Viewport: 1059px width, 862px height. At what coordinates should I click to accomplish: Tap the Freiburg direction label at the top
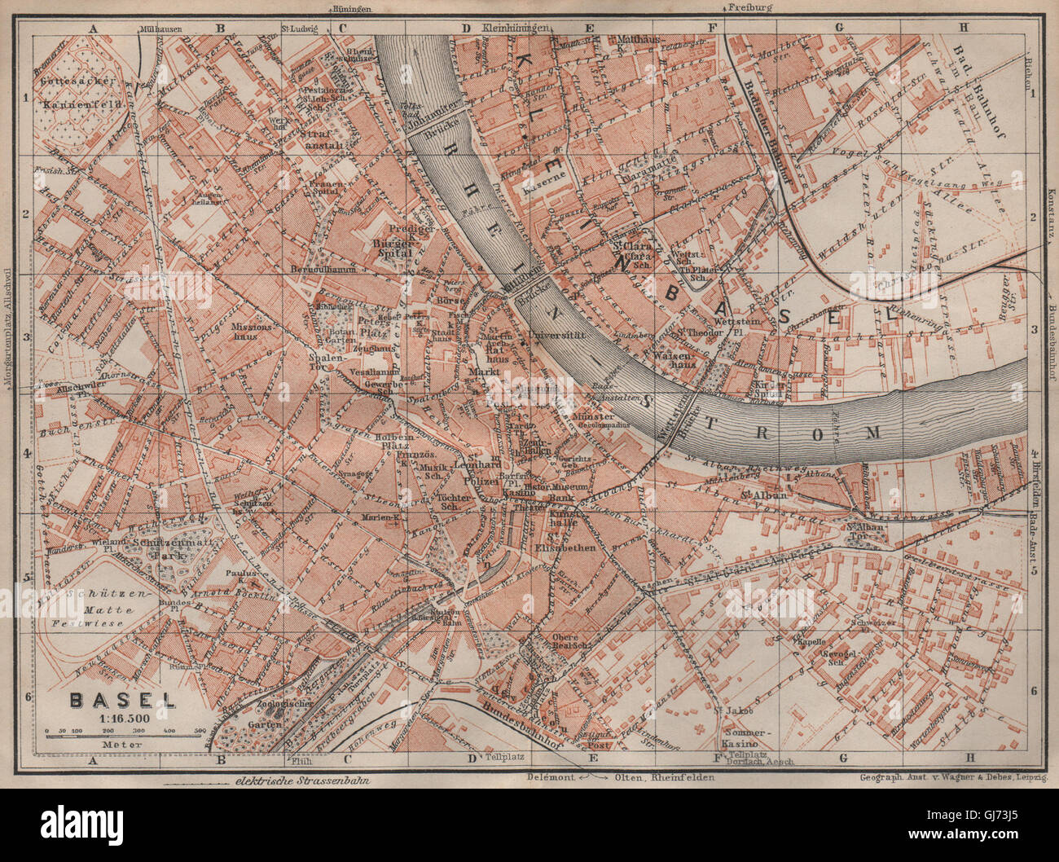coord(749,8)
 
